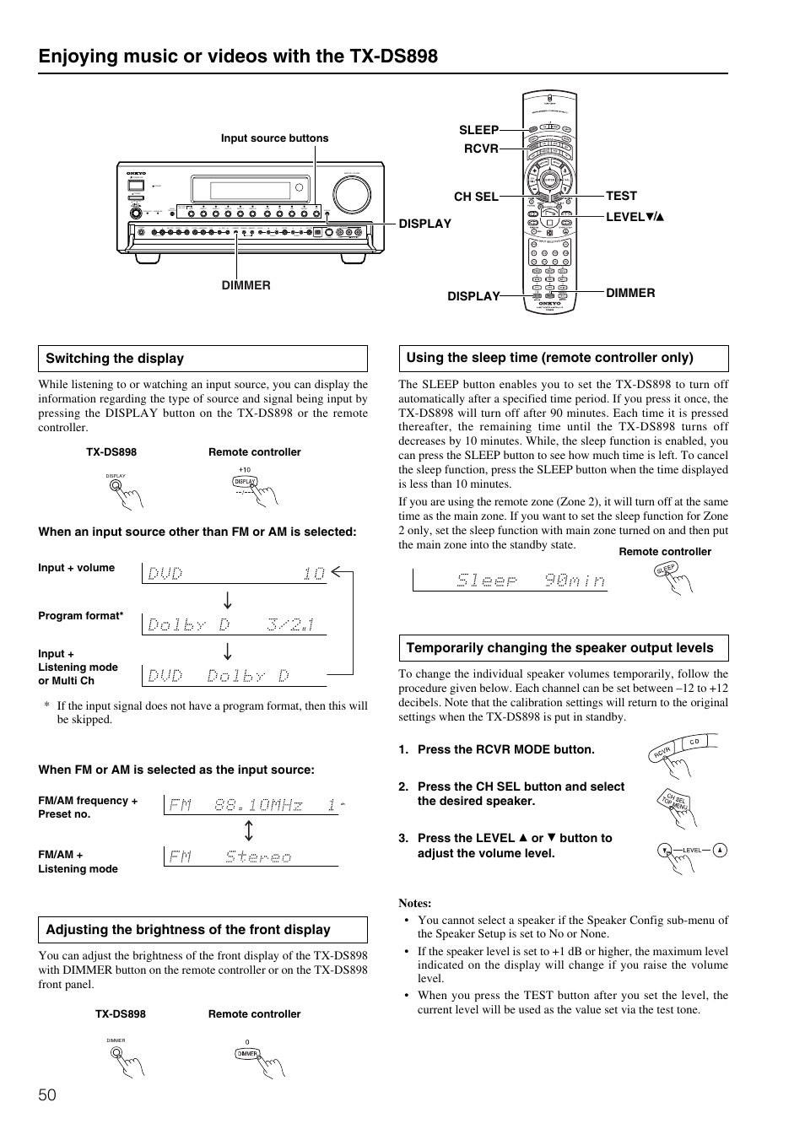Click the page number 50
[x=47, y=1095]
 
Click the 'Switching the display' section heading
[x=115, y=359]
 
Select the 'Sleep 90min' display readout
[x=531, y=581]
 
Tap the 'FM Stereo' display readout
[x=230, y=856]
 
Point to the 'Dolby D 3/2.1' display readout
[x=231, y=624]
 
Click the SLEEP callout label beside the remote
[x=478, y=130]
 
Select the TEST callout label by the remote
[x=621, y=196]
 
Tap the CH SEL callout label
[x=476, y=197]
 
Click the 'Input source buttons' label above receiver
[x=274, y=138]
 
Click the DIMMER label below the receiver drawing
[x=246, y=285]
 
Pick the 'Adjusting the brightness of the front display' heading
[x=188, y=930]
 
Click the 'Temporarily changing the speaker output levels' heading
[x=559, y=648]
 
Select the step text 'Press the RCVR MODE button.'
[x=505, y=749]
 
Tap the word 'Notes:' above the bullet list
[x=415, y=903]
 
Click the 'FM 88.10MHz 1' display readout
[x=253, y=805]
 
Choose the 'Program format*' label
[x=81, y=616]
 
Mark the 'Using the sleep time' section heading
[x=549, y=358]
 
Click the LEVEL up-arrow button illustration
[x=720, y=851]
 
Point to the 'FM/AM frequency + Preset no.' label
[x=88, y=808]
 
